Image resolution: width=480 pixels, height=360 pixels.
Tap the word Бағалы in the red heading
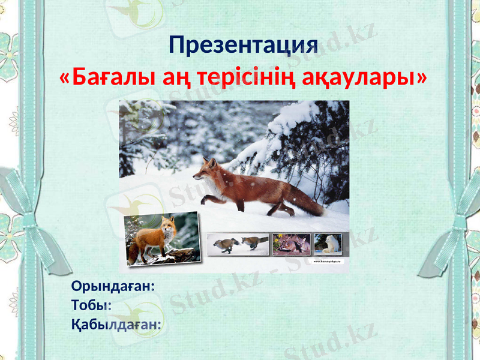tap(109, 77)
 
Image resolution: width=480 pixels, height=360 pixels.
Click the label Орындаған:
tap(113, 286)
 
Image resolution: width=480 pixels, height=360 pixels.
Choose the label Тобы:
tap(92, 305)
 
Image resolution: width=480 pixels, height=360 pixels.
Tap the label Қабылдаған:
tap(116, 325)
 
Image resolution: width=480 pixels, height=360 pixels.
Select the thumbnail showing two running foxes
tap(238, 244)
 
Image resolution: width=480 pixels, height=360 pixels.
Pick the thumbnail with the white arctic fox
tap(328, 244)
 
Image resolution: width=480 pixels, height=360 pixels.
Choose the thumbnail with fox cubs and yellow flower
tap(292, 244)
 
